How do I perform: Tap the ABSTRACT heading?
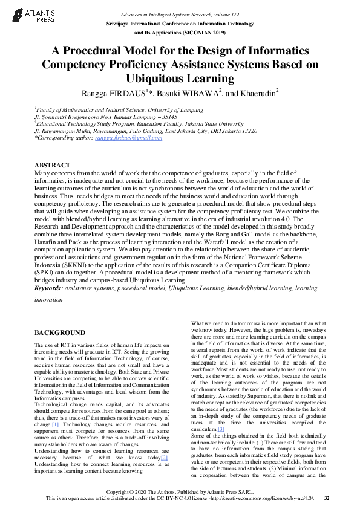(x=53, y=165)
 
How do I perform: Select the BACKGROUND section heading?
(x=59, y=333)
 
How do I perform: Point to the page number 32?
(x=327, y=498)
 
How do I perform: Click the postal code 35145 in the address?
(x=166, y=116)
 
